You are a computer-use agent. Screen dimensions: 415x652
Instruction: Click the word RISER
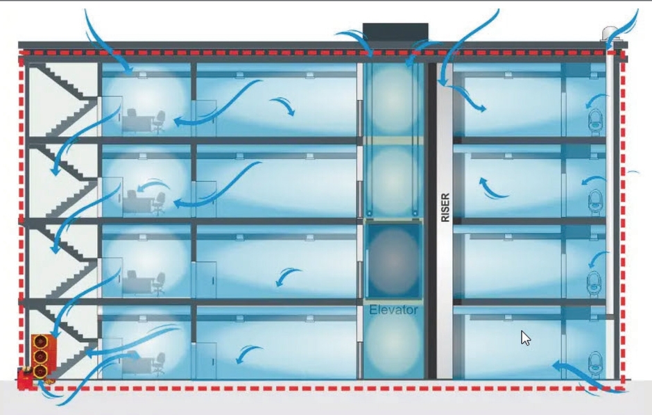pyautogui.click(x=445, y=207)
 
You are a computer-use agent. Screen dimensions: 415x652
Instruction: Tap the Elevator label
pyautogui.click(x=393, y=310)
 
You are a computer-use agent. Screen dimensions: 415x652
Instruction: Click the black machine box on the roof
pyautogui.click(x=395, y=33)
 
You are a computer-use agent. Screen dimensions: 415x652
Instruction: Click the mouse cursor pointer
pyautogui.click(x=525, y=338)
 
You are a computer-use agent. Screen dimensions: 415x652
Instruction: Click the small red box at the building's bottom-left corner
pyautogui.click(x=25, y=379)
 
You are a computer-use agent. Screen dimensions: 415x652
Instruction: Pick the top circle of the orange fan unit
pyautogui.click(x=41, y=342)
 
